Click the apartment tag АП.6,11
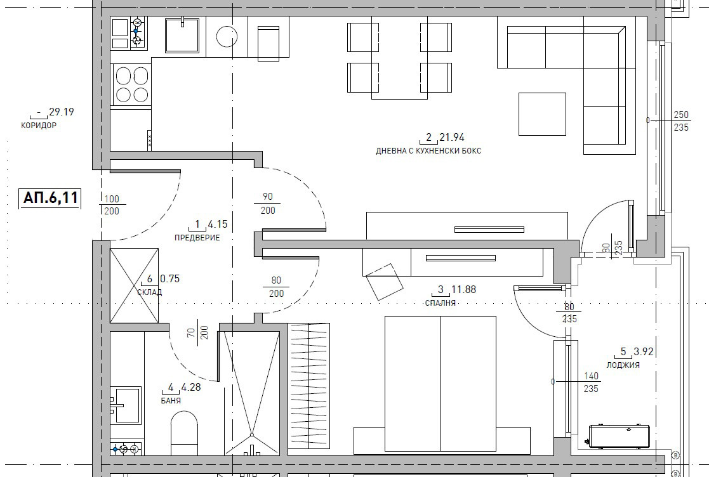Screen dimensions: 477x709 (50, 198)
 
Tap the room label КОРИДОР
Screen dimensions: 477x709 (39, 126)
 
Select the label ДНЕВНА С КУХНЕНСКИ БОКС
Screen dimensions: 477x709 (428, 151)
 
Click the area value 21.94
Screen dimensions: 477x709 (451, 137)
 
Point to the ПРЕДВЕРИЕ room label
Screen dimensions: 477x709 (197, 238)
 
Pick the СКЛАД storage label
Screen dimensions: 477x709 (149, 292)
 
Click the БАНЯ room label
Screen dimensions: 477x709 (171, 401)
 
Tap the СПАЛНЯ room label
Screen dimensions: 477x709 (441, 303)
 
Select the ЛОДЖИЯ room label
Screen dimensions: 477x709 (623, 365)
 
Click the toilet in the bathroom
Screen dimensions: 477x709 (185, 432)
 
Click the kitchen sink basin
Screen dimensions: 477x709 (183, 34)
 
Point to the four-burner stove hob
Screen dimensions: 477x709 (131, 85)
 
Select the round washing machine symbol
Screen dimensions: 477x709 (227, 36)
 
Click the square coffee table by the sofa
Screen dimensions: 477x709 (542, 114)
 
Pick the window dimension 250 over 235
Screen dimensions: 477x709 (680, 121)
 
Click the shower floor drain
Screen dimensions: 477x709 (251, 435)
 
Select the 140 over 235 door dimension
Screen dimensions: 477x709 (590, 382)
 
